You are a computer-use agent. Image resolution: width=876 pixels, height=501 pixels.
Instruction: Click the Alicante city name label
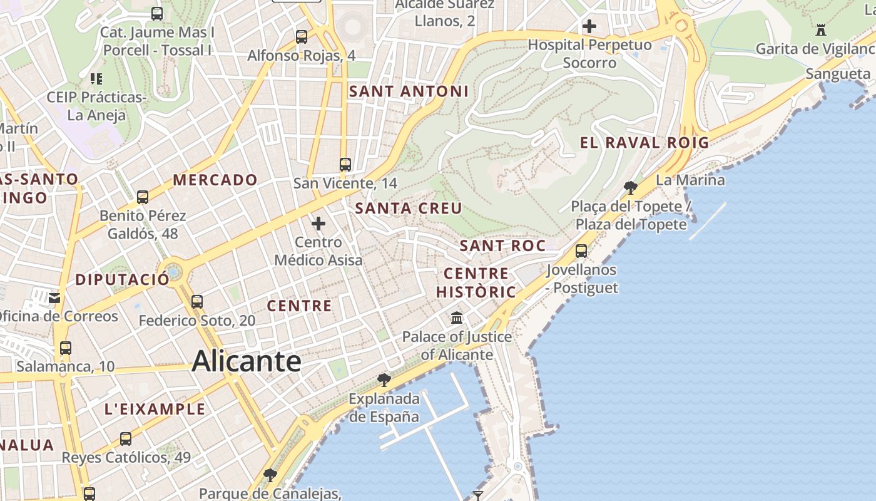pos(247,361)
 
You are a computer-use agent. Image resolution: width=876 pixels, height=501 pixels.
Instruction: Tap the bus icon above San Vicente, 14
pos(345,165)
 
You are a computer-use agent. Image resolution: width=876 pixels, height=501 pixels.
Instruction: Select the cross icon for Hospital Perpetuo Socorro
pos(589,27)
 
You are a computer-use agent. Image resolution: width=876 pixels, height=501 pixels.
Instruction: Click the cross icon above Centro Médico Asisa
pos(318,223)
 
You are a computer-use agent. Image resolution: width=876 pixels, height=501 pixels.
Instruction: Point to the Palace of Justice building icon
pos(457,318)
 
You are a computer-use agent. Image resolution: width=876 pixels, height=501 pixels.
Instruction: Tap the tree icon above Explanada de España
pos(384,380)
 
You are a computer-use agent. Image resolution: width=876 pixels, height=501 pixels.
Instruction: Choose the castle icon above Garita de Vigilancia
pos(821,29)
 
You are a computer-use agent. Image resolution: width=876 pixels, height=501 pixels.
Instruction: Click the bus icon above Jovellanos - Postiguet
pos(581,251)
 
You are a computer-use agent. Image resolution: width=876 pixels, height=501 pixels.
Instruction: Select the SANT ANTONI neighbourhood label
pos(409,91)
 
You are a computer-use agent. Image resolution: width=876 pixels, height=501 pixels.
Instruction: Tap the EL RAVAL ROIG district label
pos(644,143)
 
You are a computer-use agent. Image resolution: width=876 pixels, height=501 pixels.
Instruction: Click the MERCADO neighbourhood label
pos(215,180)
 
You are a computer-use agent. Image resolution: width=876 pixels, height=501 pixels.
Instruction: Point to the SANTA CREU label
pos(409,209)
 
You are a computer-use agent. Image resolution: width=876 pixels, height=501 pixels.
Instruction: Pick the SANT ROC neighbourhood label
pos(503,246)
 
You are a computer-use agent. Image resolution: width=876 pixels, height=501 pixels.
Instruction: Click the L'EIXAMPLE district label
pos(155,410)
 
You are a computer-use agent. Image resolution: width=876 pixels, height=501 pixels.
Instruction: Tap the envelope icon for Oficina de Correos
pos(55,297)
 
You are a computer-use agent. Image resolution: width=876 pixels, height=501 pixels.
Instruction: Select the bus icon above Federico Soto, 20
pos(197,301)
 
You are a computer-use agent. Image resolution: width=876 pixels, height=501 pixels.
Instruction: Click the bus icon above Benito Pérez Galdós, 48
pos(143,197)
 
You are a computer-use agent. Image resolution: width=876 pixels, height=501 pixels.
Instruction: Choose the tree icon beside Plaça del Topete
pos(631,187)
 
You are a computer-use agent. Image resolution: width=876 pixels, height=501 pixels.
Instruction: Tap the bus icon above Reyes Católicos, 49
pos(126,438)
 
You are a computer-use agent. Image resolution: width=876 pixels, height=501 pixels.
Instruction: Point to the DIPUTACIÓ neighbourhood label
pos(122,280)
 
